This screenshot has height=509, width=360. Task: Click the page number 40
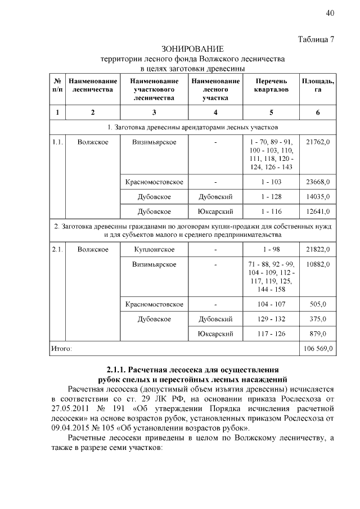(330, 13)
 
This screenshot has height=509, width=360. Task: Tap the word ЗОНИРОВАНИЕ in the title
(192, 49)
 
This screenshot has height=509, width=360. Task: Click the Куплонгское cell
(154, 249)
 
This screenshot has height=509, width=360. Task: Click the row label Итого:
(61, 349)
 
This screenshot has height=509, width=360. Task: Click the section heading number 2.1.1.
(116, 370)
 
